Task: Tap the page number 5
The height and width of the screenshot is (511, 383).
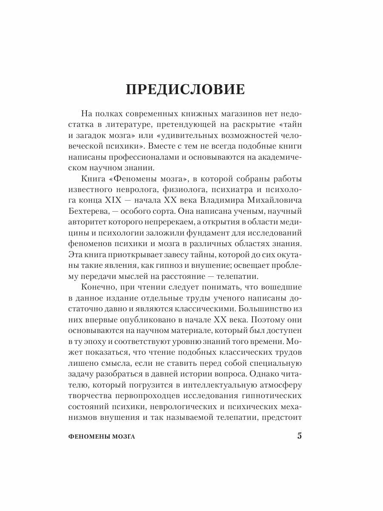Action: tap(299, 436)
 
